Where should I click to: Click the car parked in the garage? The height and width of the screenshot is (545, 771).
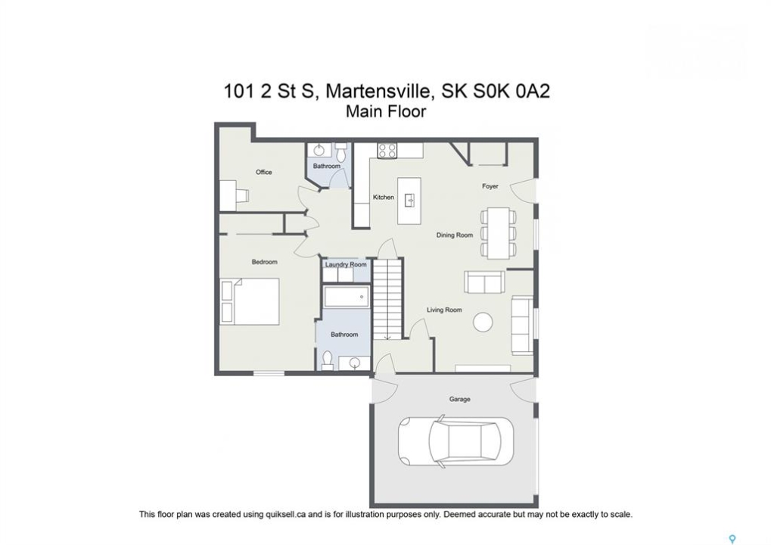[x=455, y=441]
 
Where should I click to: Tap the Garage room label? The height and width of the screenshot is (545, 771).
[x=460, y=399]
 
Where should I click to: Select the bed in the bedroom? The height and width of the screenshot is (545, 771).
[x=250, y=301]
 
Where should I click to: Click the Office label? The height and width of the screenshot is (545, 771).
[x=263, y=172]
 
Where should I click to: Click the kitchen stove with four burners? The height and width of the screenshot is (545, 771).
[x=387, y=151]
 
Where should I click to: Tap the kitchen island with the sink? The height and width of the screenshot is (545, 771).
[x=409, y=200]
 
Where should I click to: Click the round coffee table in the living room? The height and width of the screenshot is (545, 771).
[x=483, y=323]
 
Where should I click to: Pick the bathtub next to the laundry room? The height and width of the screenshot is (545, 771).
[x=347, y=297]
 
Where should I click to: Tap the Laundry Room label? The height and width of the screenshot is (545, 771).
[x=346, y=265]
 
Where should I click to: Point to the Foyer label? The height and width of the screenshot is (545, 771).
[x=490, y=186]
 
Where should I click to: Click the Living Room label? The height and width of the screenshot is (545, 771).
[x=444, y=310]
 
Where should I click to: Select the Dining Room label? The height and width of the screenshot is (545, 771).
[x=454, y=235]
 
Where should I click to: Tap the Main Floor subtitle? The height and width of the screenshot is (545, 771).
[x=386, y=111]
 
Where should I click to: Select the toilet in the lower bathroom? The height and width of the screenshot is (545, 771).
[x=328, y=360]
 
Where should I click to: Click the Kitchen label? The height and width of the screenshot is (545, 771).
[x=384, y=198]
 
